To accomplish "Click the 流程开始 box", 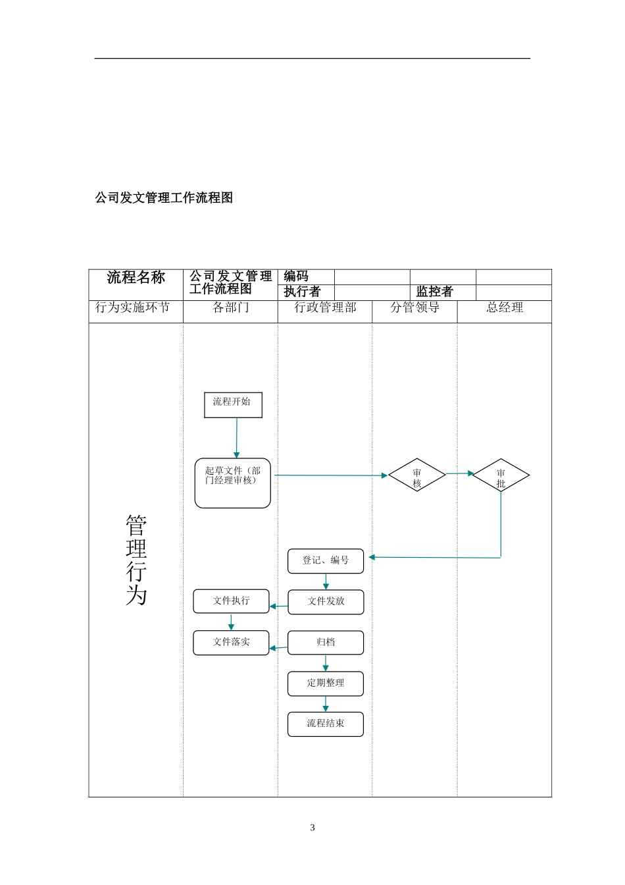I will (x=233, y=404).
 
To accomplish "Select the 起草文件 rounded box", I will (x=232, y=483).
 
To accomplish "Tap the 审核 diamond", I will (x=417, y=475).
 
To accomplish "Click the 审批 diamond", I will (x=501, y=475).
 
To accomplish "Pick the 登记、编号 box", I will (x=326, y=560).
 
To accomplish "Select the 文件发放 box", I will (x=326, y=601).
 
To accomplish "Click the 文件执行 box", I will (x=231, y=601).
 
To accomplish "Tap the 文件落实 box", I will (x=231, y=642).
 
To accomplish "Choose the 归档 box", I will (x=326, y=642).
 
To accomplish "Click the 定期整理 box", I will (x=326, y=683).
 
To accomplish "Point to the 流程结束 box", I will (x=326, y=724).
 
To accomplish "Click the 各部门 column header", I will (x=230, y=308).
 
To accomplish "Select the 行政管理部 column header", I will (x=325, y=308).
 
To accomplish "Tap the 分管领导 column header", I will (x=414, y=308).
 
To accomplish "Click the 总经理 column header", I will (x=505, y=308).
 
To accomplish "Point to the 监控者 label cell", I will (x=434, y=292).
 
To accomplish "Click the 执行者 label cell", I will (x=303, y=292).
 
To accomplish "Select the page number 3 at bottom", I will (x=312, y=828).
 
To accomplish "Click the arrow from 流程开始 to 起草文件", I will (x=236, y=438).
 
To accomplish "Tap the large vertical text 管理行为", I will (x=136, y=560).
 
